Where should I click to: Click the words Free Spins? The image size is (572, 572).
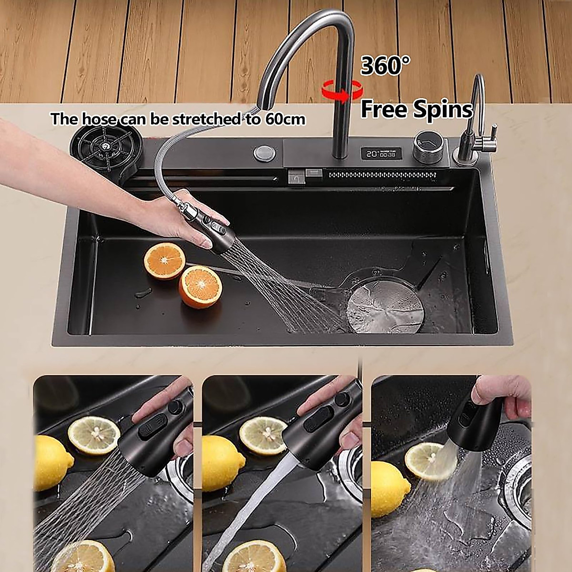tap(416, 109)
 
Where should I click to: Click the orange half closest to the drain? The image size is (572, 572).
tap(200, 287)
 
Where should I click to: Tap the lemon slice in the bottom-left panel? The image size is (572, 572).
tap(94, 435)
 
